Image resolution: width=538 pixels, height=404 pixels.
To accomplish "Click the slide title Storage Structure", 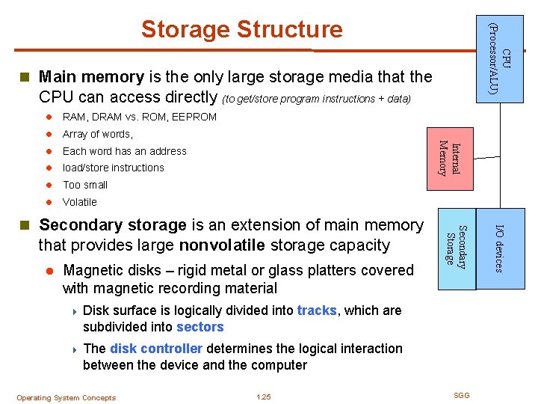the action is click(x=241, y=29).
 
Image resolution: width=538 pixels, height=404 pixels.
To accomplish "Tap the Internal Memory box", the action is click(x=449, y=159).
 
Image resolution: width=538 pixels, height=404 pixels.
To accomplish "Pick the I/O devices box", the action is click(x=500, y=247).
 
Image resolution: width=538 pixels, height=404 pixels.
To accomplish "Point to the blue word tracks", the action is click(x=318, y=310).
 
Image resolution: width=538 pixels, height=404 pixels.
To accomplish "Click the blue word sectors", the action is click(x=200, y=327).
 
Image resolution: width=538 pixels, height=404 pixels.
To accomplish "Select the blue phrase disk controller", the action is click(x=156, y=349).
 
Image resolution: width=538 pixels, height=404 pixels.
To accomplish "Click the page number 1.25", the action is click(x=263, y=397).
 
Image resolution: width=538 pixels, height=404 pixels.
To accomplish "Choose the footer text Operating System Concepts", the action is click(x=67, y=398).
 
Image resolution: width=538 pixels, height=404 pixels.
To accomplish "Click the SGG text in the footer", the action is click(x=462, y=395).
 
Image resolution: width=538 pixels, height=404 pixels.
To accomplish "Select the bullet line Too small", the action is click(x=85, y=185).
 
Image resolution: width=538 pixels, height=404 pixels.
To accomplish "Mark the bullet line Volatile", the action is click(x=80, y=202).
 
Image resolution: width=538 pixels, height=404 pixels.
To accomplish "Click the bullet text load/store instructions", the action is click(x=114, y=168).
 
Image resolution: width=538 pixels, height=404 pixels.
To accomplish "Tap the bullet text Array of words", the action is click(x=97, y=134).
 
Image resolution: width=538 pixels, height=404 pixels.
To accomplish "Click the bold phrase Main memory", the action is click(x=90, y=76).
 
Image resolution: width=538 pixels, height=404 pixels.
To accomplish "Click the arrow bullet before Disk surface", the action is click(x=74, y=310).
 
